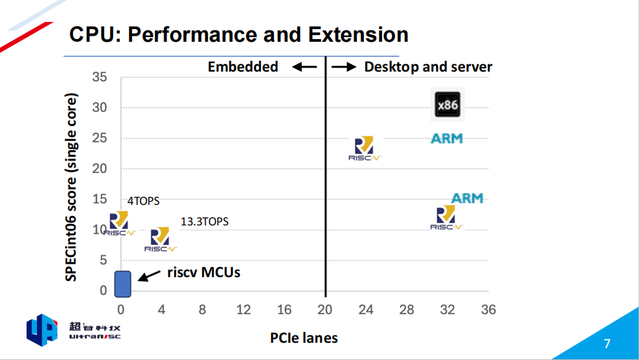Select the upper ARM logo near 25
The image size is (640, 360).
pyautogui.click(x=446, y=139)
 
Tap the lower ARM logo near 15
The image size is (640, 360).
pyautogui.click(x=467, y=198)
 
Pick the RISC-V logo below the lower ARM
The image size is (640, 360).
pyautogui.click(x=446, y=217)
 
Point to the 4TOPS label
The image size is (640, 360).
pyautogui.click(x=143, y=201)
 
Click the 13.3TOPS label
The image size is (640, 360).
pyautogui.click(x=204, y=221)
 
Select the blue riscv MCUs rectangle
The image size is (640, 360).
pyautogui.click(x=123, y=284)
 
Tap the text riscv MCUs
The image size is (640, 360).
pyautogui.click(x=203, y=272)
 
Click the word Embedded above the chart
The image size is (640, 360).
pyautogui.click(x=243, y=67)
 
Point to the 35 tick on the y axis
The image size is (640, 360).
pyautogui.click(x=99, y=77)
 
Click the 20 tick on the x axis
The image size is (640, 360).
pyautogui.click(x=325, y=310)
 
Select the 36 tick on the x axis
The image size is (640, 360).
pyautogui.click(x=488, y=310)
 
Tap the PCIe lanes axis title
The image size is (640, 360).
pyautogui.click(x=304, y=338)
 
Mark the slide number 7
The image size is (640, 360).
pyautogui.click(x=607, y=343)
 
